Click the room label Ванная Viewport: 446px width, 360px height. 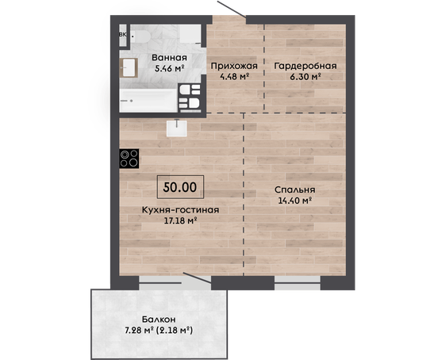169,57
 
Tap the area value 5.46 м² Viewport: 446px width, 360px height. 170,68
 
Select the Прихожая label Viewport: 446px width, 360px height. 234,66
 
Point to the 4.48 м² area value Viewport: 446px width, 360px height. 235,76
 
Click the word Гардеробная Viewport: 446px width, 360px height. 306,66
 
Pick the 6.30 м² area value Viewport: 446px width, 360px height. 306,77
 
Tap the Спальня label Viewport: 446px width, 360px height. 294,190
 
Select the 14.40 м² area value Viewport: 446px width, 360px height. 295,201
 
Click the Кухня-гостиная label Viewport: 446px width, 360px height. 180,210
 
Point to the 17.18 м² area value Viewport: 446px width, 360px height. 181,220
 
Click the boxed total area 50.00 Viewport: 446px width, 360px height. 180,187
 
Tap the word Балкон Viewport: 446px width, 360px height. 159,320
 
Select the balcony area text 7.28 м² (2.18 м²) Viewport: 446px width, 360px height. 159,331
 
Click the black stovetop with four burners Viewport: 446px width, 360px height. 129,159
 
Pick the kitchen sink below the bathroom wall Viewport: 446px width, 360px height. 177,128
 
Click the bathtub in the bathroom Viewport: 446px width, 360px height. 148,100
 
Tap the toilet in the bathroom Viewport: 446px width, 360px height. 140,36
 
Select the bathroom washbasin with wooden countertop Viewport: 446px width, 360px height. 129,68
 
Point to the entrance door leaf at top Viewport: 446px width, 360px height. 232,9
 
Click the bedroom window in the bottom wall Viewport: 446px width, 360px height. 298,282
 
